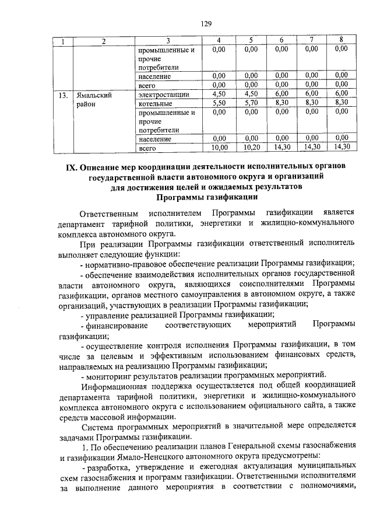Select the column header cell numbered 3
coord(168,40)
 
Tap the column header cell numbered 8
coord(341,40)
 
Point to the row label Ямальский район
coord(91,99)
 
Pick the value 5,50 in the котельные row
coord(219,103)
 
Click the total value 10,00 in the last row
coord(219,148)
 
